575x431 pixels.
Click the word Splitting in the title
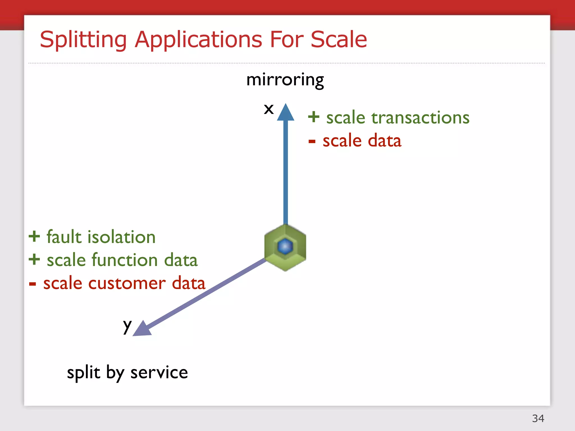83,40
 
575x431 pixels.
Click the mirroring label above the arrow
285,80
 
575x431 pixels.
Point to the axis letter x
269,109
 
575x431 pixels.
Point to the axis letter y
127,326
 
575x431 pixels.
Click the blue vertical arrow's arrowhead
286,113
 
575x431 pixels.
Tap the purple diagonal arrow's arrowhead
142,329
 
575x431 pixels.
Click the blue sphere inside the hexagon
285,246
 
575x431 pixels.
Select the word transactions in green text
420,118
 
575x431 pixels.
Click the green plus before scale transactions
314,117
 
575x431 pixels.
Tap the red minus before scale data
312,141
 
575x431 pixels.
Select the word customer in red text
127,283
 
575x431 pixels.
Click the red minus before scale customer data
33,284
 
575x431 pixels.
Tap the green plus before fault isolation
34,236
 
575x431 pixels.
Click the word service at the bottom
159,373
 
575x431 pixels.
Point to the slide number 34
538,418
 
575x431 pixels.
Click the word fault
64,237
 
